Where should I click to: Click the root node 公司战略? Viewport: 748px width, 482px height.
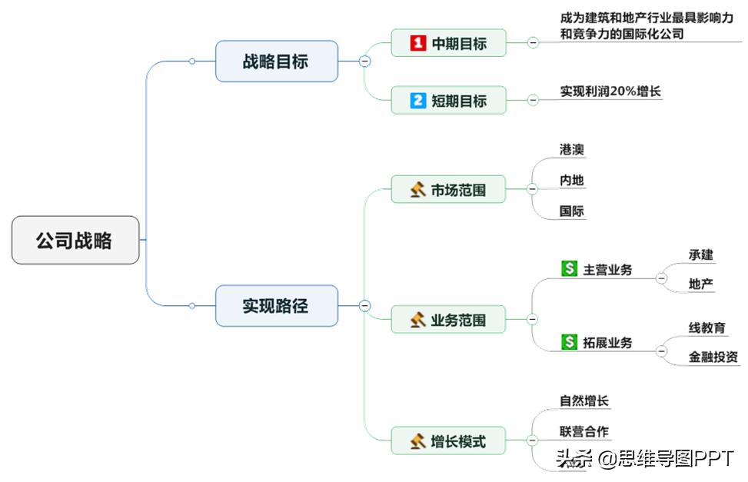coord(75,240)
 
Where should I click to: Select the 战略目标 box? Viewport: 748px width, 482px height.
coord(276,61)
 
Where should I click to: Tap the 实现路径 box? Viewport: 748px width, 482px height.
coord(276,305)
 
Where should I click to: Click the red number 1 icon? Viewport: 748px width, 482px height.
coord(417,43)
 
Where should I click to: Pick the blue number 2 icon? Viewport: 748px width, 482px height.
coord(417,100)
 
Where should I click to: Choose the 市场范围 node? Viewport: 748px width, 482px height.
coord(449,189)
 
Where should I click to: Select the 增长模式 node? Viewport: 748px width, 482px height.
coord(449,441)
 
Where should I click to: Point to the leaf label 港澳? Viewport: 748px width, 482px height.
coord(572,150)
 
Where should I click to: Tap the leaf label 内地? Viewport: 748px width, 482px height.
coord(572,181)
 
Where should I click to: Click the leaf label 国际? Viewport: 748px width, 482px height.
coord(572,211)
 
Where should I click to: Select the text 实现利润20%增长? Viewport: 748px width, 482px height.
coord(610,91)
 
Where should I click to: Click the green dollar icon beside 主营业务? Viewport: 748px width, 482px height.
coord(569,269)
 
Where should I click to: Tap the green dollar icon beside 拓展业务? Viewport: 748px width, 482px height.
coord(569,342)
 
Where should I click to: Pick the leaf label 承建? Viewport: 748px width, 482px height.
coord(701,254)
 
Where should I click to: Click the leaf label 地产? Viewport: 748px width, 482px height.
coord(701,284)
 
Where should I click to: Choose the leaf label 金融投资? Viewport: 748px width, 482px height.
coord(713,356)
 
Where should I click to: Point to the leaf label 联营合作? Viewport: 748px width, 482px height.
coord(584,431)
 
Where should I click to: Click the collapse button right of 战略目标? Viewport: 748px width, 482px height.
coord(364,61)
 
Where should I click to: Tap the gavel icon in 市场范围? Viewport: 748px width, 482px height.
coord(417,189)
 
